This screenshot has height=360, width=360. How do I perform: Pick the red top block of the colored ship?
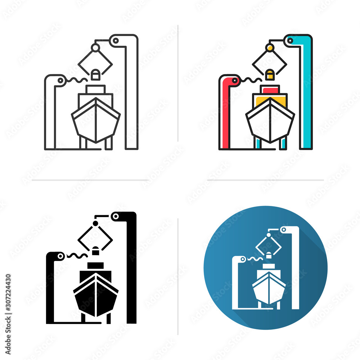coord(270,90)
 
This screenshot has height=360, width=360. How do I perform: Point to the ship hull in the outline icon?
coord(96,122)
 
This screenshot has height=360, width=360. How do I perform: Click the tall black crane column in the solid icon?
coord(132,270)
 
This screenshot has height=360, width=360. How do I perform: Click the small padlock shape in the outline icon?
coord(95,75)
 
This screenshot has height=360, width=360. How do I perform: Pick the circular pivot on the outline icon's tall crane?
coord(116,41)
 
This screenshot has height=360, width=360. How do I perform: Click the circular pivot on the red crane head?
coord(235,81)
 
